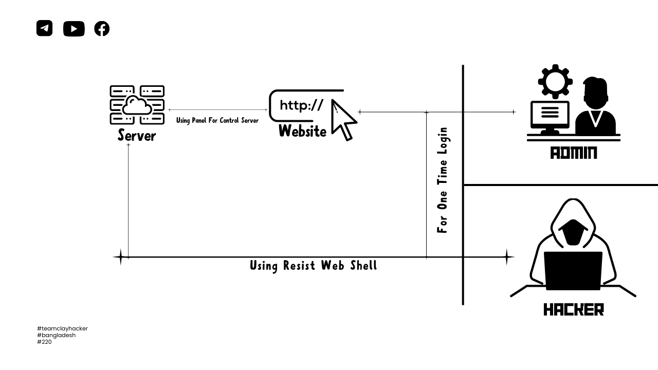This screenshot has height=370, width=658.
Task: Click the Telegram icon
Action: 45,28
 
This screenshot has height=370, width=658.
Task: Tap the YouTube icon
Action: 74,29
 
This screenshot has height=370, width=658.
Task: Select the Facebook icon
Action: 102,29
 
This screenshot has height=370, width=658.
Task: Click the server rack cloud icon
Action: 137,105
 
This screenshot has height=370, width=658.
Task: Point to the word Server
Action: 136,135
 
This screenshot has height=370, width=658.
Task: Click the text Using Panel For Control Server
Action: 217,120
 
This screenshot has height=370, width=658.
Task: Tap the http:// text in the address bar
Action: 301,105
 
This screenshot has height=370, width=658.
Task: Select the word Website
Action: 302,132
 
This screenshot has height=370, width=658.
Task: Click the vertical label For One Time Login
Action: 442,180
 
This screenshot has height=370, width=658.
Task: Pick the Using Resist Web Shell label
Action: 313,266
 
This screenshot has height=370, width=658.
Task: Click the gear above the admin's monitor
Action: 555,81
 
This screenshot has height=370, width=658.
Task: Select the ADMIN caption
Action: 573,153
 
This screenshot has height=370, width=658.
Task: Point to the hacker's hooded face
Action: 573,232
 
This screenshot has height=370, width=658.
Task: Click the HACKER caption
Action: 573,309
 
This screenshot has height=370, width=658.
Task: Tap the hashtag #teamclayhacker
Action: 62,328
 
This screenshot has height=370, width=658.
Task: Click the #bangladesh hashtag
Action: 56,335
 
